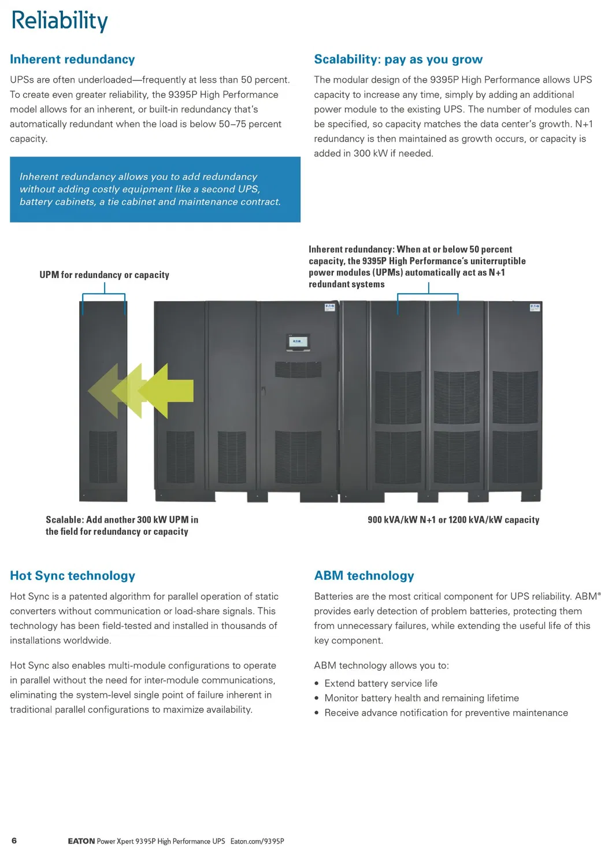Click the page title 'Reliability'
tap(60, 21)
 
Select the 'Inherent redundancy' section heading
tap(72, 59)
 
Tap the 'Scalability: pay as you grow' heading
tap(398, 59)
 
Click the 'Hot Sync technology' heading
tap(72, 575)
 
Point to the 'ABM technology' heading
tap(364, 575)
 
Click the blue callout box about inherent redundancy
tap(155, 189)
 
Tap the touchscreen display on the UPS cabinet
tap(298, 342)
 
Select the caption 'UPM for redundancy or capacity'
tap(104, 275)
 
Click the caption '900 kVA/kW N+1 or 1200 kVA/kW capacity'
tap(453, 520)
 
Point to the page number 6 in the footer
tap(14, 841)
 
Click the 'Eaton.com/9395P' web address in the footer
tap(257, 841)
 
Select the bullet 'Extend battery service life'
tap(381, 683)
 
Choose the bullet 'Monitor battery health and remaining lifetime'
tap(421, 698)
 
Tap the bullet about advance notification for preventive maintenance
tap(446, 713)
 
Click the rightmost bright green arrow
tap(168, 391)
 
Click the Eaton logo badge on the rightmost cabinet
tap(535, 307)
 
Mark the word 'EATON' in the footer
tap(81, 841)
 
